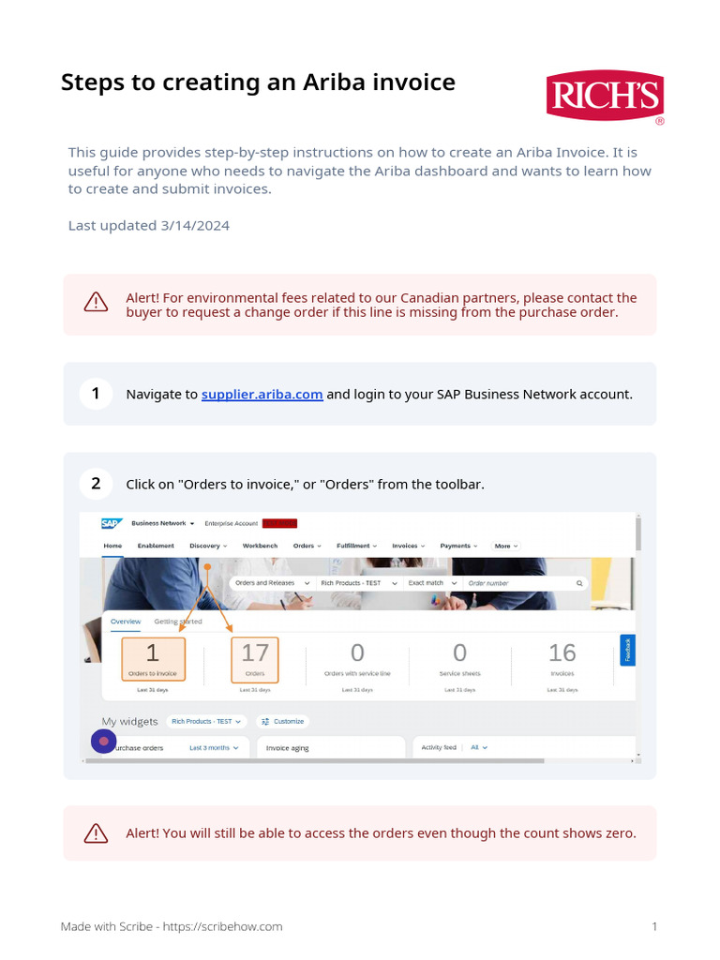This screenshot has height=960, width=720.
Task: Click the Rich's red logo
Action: point(605,97)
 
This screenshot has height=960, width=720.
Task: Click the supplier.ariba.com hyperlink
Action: point(262,395)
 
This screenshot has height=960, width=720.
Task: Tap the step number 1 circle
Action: point(96,394)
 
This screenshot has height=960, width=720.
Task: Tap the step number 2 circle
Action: point(96,485)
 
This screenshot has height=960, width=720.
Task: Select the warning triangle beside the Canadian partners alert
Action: point(96,302)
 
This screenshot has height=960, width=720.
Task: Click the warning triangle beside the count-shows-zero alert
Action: point(96,833)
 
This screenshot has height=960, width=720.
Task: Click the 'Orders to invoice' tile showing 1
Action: point(153,658)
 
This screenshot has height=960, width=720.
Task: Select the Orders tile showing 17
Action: point(255,658)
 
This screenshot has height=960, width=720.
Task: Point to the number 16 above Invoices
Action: point(562,652)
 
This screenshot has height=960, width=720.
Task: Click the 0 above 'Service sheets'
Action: point(459,652)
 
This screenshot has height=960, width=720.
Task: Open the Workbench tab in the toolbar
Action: point(260,546)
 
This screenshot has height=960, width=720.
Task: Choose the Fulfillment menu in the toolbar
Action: point(356,546)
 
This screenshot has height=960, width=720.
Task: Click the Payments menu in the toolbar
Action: point(458,546)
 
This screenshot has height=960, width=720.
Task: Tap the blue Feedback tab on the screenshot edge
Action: point(628,650)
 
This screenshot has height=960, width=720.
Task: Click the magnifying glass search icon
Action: point(579,583)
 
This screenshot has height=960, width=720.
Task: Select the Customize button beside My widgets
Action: point(283,722)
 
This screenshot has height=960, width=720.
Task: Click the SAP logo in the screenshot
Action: point(112,523)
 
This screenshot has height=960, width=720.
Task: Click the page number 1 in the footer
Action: point(654,926)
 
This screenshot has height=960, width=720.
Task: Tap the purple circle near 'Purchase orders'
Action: point(103,742)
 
